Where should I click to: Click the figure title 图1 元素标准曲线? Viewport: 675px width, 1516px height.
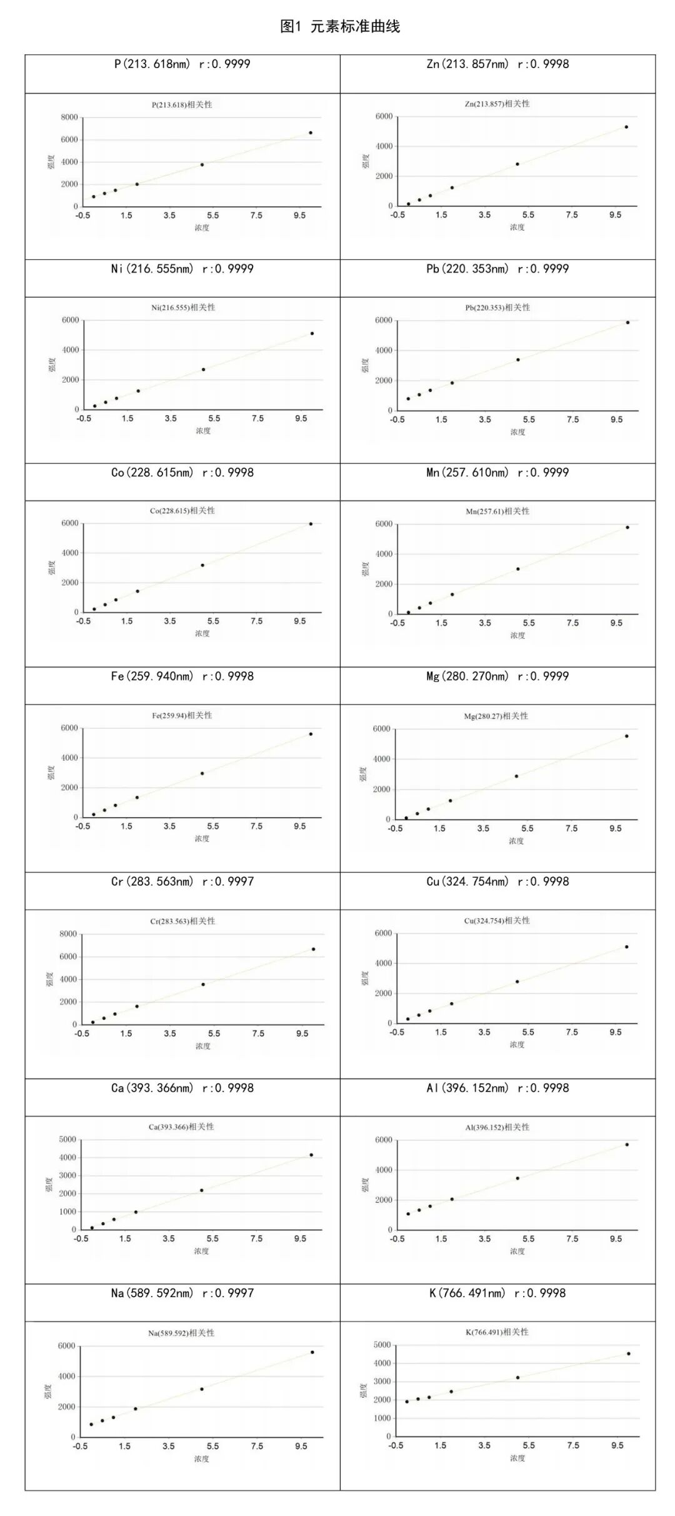coord(339,26)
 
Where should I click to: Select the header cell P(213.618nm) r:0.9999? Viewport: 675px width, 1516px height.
coord(182,64)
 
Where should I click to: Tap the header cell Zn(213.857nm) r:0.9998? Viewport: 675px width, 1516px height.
coord(497,64)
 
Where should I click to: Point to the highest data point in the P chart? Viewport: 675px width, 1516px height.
coord(311,133)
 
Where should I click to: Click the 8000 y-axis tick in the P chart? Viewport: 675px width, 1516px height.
coord(69,118)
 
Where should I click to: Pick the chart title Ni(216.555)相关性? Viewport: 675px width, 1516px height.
coord(183,308)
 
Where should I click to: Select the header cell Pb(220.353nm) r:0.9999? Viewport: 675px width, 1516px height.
coord(497,269)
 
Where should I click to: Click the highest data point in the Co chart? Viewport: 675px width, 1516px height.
coord(311,524)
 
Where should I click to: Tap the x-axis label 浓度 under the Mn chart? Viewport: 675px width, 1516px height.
coord(517,635)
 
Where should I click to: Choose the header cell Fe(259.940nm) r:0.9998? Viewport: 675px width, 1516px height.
coord(182,676)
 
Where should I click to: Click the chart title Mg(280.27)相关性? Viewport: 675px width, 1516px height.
coord(496,716)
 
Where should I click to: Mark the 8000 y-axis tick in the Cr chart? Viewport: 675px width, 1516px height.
coord(68,934)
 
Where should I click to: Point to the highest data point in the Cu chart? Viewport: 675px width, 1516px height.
coord(626,946)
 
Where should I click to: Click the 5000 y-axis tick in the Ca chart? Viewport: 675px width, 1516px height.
coord(67,1140)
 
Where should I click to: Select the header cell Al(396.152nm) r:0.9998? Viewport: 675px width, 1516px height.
coord(497,1088)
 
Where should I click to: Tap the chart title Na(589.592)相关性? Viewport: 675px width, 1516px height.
coord(181,1333)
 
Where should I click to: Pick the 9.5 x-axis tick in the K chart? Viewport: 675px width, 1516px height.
coord(617,1445)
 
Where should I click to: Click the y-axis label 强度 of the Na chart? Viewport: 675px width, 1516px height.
coord(48,1391)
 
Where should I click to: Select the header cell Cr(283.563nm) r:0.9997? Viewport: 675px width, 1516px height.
coord(182,881)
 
